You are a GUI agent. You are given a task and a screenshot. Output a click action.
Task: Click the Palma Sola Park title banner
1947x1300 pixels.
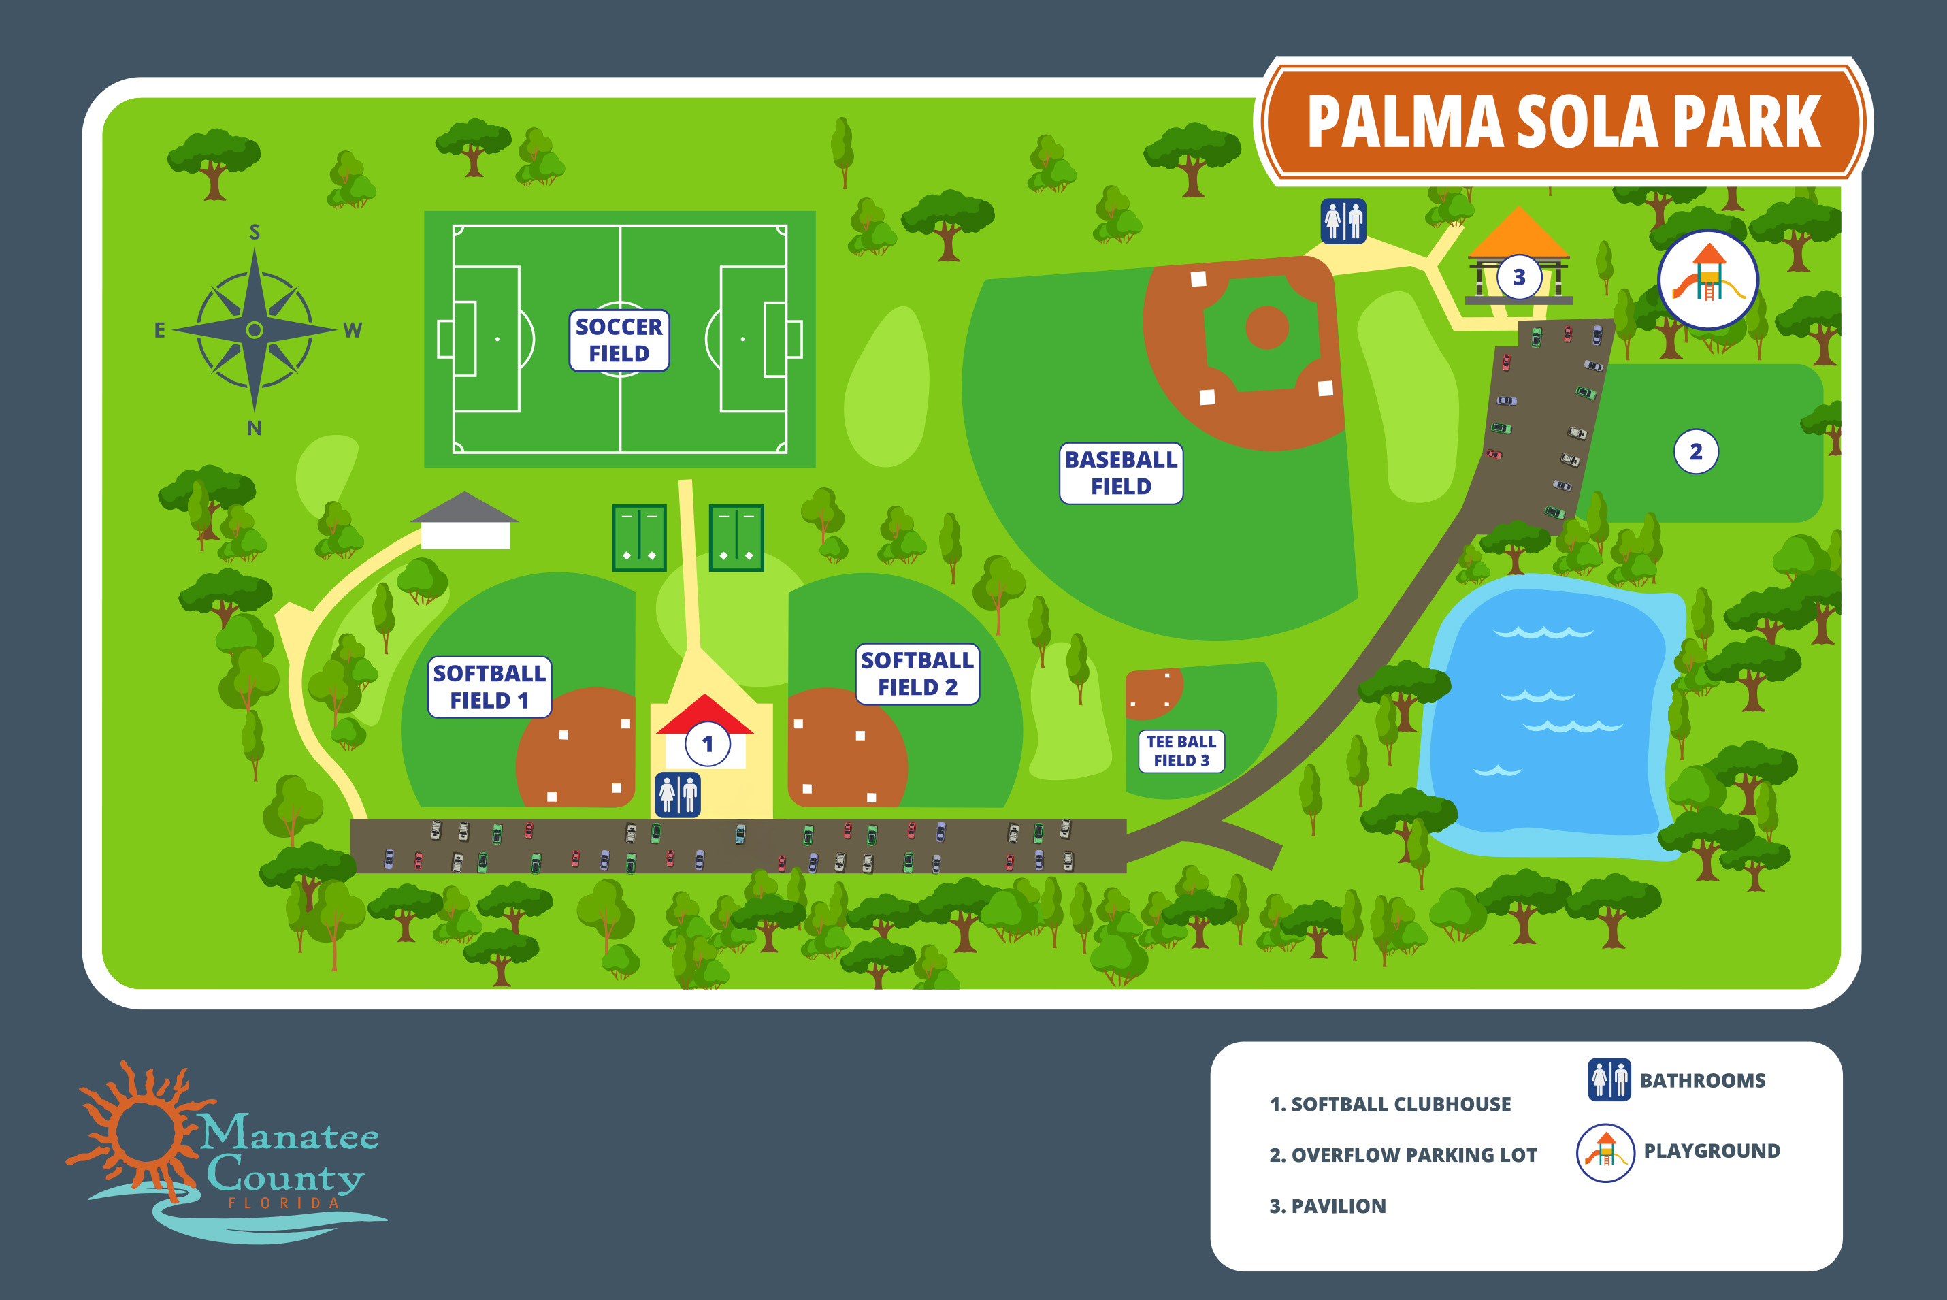point(1563,122)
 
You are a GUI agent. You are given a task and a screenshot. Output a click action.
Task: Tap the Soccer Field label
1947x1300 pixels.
point(619,340)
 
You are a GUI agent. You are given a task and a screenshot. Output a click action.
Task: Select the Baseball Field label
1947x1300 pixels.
point(1121,472)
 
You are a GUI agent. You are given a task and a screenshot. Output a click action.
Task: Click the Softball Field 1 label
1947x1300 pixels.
point(489,687)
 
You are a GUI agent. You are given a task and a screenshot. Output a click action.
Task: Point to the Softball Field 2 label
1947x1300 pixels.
point(917,673)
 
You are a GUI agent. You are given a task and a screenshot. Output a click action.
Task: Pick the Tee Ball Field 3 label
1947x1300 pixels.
point(1181,751)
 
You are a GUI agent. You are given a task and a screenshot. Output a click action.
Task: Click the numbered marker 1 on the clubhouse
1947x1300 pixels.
point(707,744)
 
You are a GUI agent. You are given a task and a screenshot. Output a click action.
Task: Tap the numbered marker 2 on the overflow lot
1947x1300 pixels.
point(1695,452)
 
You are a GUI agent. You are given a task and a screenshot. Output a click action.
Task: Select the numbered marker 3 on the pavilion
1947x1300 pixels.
point(1518,277)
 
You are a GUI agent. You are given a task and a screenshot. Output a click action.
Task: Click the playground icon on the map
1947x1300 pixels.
point(1707,280)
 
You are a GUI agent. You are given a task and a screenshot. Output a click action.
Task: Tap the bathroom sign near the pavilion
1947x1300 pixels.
point(1343,221)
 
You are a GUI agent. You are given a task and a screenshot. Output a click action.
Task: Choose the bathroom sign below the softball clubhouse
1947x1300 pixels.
point(677,794)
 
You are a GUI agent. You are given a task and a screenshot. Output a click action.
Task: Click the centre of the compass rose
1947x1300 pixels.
point(255,330)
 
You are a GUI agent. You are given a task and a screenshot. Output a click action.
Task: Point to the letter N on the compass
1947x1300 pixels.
point(255,428)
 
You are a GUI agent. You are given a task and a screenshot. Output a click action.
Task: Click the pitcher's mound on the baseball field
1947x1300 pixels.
point(1266,327)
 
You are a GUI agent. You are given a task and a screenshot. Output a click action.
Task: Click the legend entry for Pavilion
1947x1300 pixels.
point(1328,1205)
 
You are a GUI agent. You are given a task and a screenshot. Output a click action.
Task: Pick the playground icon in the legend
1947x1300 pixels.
point(1605,1152)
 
